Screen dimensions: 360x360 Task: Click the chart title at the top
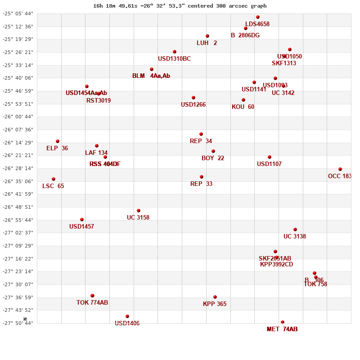(x=180, y=6)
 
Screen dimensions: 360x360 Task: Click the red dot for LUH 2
(x=207, y=36)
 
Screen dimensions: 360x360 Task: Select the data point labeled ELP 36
(x=58, y=141)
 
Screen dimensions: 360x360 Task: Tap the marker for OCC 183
(x=340, y=169)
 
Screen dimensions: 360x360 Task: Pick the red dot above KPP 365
(x=215, y=297)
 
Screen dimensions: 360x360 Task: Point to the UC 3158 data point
(x=139, y=211)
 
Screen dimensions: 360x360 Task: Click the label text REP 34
(x=201, y=141)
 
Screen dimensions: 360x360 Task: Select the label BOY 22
(x=213, y=158)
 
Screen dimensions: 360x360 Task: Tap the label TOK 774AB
(x=92, y=302)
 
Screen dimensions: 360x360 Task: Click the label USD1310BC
(x=174, y=58)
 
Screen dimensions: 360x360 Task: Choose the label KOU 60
(x=243, y=107)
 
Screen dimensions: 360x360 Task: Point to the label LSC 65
(x=53, y=186)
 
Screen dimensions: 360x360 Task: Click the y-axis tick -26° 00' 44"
(x=18, y=117)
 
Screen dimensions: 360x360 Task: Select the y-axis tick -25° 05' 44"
(x=18, y=13)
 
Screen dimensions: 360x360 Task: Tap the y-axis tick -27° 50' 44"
(x=18, y=323)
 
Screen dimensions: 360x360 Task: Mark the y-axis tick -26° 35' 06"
(x=18, y=181)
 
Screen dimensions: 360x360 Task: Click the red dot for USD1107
(x=270, y=157)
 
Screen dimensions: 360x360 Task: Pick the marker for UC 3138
(x=295, y=229)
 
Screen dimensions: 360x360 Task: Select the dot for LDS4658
(x=258, y=17)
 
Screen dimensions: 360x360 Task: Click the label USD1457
(x=81, y=226)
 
